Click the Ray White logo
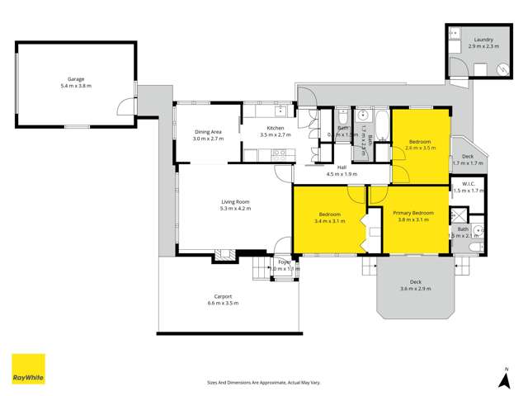coord(27,370)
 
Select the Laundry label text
coord(483,40)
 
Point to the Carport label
coord(223,296)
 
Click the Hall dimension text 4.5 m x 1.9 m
coord(342,174)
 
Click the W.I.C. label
coord(466,184)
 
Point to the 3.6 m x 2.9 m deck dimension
coord(416,288)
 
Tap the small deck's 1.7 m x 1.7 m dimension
coord(468,163)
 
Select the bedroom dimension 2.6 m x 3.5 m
coord(421,148)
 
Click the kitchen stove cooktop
coord(278,153)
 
